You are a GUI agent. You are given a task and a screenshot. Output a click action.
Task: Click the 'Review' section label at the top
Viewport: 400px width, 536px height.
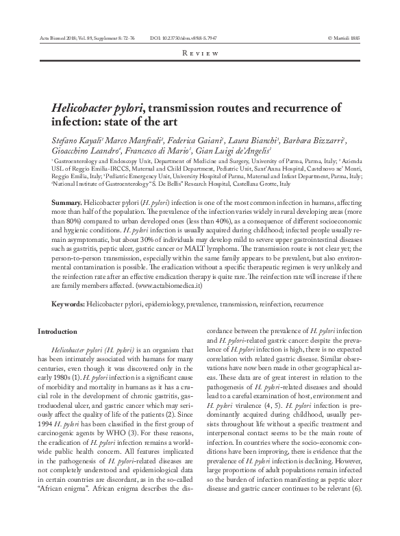[x=200, y=53]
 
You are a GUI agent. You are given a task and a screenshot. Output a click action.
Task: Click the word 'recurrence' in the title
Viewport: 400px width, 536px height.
[x=301, y=108]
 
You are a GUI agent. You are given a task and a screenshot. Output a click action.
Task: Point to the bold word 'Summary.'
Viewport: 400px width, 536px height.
[x=66, y=205]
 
